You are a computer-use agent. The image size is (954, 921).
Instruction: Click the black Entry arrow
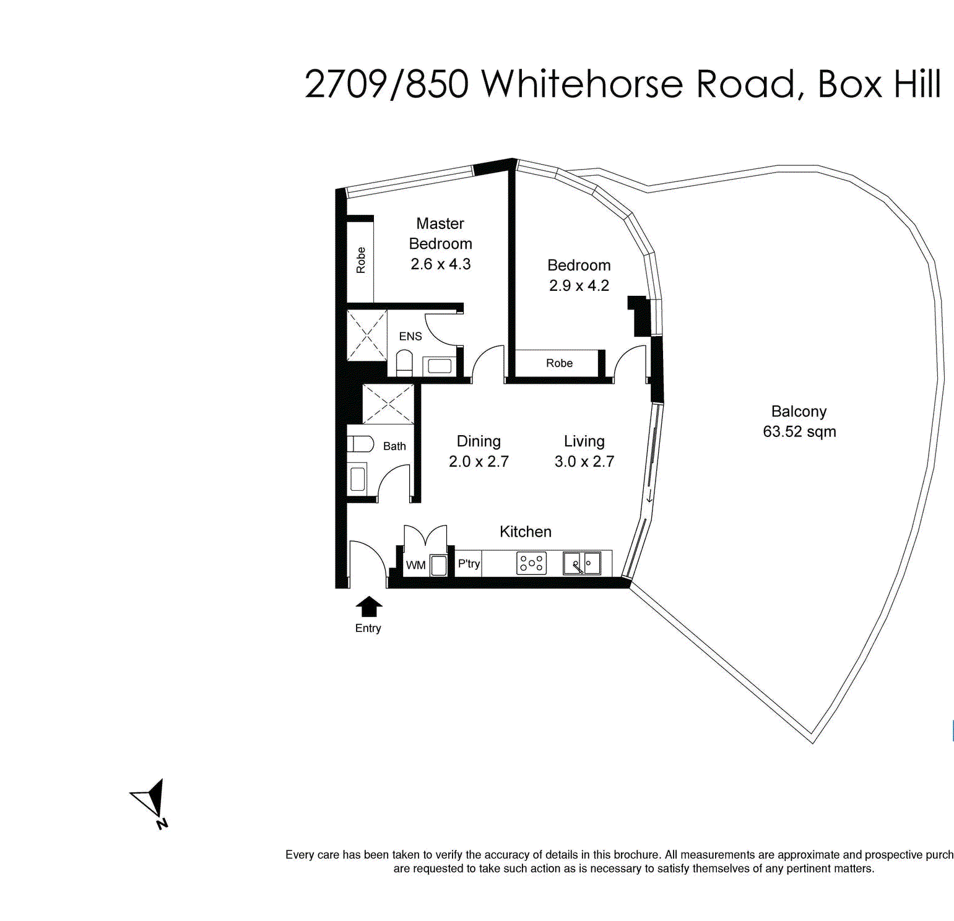pyautogui.click(x=369, y=607)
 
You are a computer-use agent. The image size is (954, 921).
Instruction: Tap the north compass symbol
pyautogui.click(x=152, y=802)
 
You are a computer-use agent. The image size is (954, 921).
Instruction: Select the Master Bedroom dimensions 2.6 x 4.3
pyautogui.click(x=441, y=264)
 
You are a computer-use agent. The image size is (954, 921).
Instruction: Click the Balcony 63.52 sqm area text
pyautogui.click(x=799, y=431)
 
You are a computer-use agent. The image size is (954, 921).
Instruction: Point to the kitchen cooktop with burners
pyautogui.click(x=531, y=563)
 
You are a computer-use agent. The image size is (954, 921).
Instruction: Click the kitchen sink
pyautogui.click(x=581, y=563)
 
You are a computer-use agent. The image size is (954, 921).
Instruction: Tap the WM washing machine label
pyautogui.click(x=415, y=565)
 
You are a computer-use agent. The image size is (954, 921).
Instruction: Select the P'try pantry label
pyautogui.click(x=469, y=564)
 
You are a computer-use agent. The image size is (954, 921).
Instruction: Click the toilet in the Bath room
pyautogui.click(x=360, y=444)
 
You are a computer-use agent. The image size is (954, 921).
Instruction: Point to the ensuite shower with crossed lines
pyautogui.click(x=366, y=335)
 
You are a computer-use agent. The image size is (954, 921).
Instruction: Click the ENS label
pyautogui.click(x=410, y=336)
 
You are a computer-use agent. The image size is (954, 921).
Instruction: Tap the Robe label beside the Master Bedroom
pyautogui.click(x=361, y=260)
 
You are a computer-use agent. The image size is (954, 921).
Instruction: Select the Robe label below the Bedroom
pyautogui.click(x=559, y=363)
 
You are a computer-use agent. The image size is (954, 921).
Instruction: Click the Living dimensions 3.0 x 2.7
pyautogui.click(x=584, y=462)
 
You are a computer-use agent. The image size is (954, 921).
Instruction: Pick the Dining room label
pyautogui.click(x=479, y=441)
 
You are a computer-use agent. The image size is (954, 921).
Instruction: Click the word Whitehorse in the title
pyautogui.click(x=582, y=84)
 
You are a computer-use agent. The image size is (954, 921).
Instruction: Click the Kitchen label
pyautogui.click(x=525, y=532)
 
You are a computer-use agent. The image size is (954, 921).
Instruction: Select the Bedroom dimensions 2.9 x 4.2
pyautogui.click(x=579, y=286)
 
